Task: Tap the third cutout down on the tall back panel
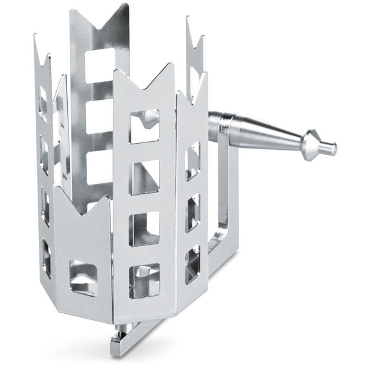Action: (99, 168)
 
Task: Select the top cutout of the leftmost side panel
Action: (43, 102)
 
